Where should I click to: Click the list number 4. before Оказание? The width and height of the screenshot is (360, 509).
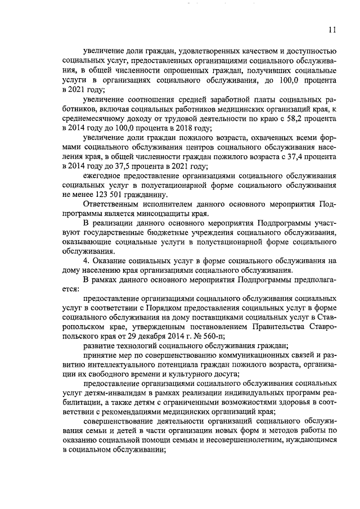pyautogui.click(x=85, y=260)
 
